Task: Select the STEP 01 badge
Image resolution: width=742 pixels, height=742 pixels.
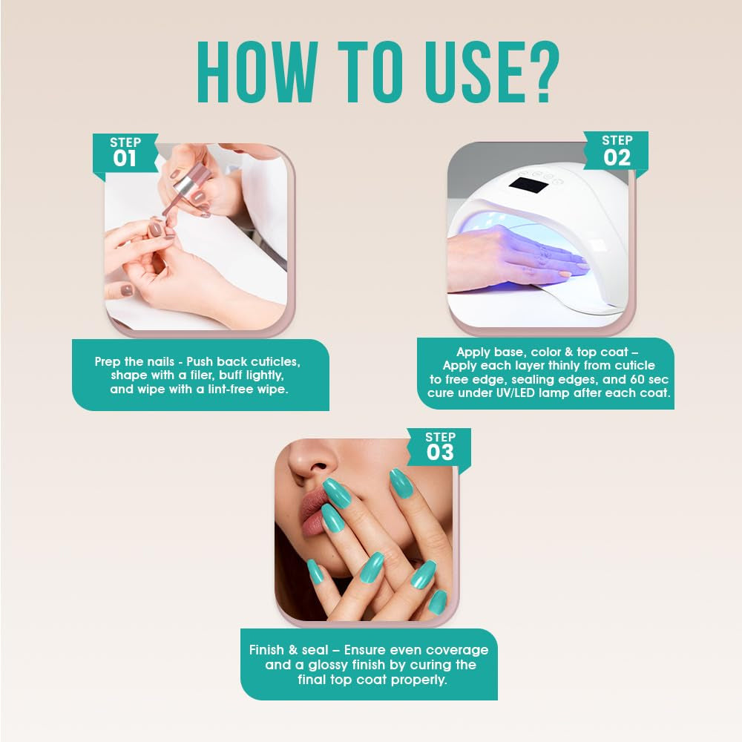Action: point(125,152)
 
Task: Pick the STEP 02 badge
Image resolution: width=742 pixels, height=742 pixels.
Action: point(617,151)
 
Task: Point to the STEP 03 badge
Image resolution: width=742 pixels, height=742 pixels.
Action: point(440,447)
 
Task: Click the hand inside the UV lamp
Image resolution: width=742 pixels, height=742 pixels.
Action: point(519,255)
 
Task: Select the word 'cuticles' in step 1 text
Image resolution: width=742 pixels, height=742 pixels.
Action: point(273,361)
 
